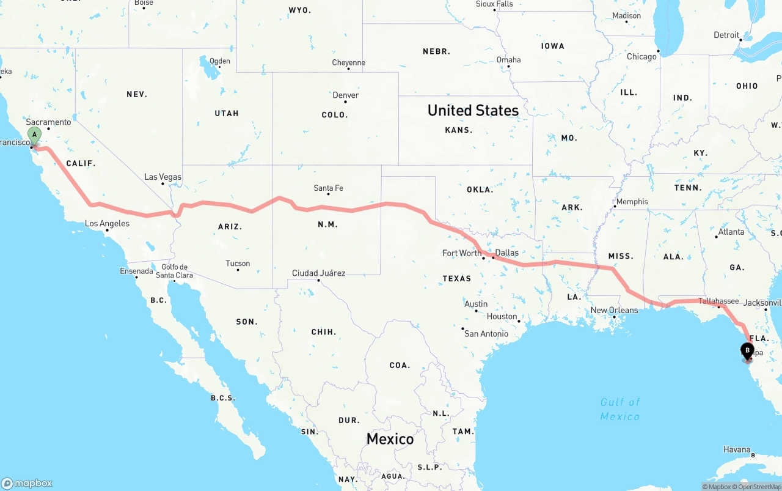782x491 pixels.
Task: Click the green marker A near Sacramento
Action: [x=35, y=135]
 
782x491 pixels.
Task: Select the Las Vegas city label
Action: [x=163, y=177]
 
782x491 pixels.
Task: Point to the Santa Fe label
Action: [x=328, y=188]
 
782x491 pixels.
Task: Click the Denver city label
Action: [x=346, y=95]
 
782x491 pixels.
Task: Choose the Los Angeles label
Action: [x=107, y=224]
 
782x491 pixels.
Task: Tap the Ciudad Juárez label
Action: [x=318, y=273]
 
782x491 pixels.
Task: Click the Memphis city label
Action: [x=632, y=202]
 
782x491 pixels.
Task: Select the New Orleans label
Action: [x=614, y=311]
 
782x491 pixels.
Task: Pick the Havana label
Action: [x=737, y=449]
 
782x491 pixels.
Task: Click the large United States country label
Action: [x=473, y=111]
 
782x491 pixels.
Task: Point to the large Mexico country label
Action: [x=390, y=439]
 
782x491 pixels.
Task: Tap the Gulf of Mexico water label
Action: [x=619, y=409]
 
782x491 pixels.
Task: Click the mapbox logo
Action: [x=27, y=483]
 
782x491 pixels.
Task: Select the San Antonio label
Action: [x=486, y=334]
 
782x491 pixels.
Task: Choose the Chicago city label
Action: [x=641, y=57]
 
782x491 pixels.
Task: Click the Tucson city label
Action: [x=238, y=264]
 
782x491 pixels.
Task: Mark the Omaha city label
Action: [x=508, y=60]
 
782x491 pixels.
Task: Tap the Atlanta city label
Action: [x=731, y=232]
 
